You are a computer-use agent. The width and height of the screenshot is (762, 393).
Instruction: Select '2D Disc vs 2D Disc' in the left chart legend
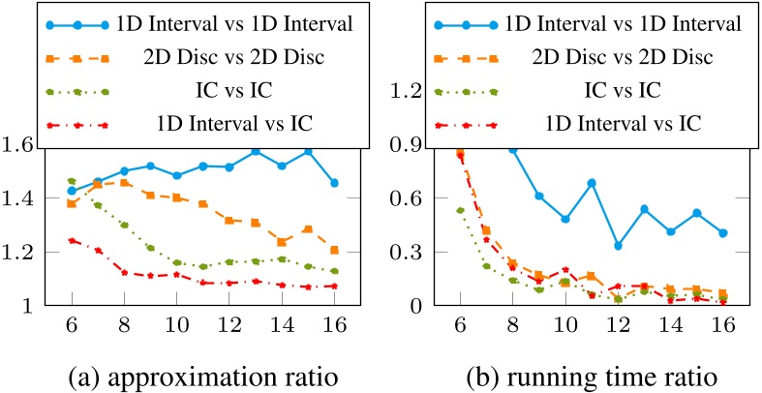tap(240, 56)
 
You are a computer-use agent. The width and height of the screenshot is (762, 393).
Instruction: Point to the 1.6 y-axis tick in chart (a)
tap(21, 144)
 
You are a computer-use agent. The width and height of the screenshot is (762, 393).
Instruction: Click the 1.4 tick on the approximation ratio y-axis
tap(21, 198)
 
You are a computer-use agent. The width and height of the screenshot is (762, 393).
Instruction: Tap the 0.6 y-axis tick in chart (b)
tap(408, 198)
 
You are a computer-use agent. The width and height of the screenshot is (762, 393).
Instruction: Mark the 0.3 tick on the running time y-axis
tap(408, 252)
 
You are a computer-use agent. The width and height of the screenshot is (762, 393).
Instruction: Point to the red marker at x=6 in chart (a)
tap(72, 240)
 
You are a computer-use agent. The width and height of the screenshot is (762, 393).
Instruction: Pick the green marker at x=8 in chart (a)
tap(124, 225)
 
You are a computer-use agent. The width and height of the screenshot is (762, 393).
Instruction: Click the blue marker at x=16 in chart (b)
tap(722, 233)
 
